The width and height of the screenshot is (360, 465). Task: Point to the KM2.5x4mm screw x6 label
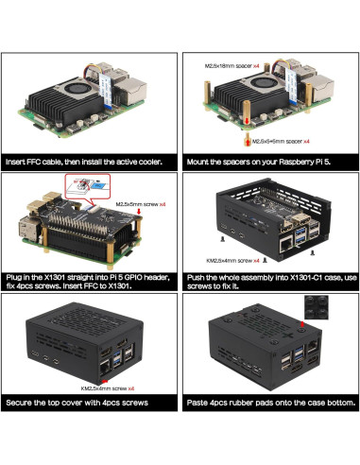108,388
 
